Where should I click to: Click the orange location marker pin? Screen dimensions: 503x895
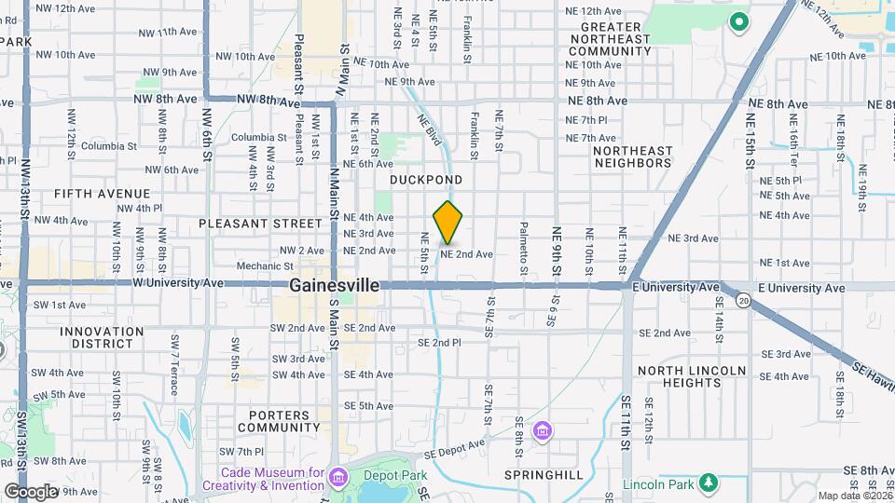(x=447, y=223)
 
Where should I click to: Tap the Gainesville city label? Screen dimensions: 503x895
(x=335, y=285)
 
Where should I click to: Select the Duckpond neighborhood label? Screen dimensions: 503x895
(x=426, y=179)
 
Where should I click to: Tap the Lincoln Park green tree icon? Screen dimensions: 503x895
(x=709, y=483)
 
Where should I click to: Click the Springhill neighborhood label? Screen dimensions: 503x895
(x=544, y=475)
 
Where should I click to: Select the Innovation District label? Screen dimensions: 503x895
(x=102, y=339)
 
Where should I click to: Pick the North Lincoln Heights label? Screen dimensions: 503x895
(x=692, y=378)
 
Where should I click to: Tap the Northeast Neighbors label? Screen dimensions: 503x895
(x=632, y=156)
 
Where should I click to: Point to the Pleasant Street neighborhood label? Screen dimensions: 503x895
(x=259, y=224)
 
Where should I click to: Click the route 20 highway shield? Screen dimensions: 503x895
(x=743, y=300)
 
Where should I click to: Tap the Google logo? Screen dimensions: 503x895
(x=30, y=492)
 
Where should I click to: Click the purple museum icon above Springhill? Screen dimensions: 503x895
(x=543, y=431)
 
